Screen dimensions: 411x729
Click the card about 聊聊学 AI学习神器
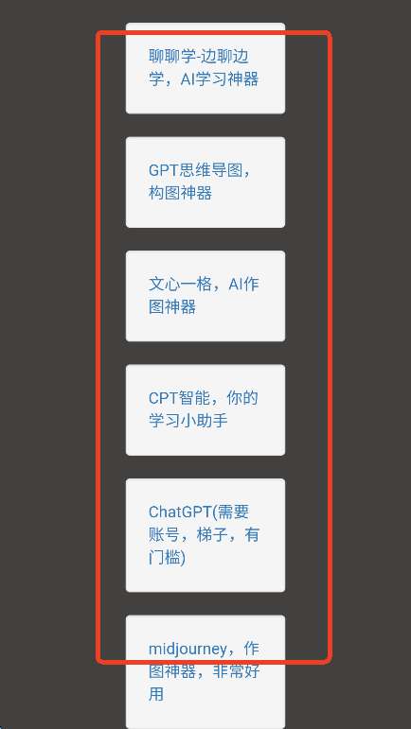[x=205, y=68]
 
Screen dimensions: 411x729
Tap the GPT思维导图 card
[x=205, y=182]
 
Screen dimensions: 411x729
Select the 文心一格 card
[x=205, y=296]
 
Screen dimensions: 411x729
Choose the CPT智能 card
[x=205, y=409]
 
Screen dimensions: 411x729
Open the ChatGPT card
[x=205, y=535]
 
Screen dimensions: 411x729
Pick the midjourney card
[x=205, y=672]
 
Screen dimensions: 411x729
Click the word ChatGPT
[x=180, y=512]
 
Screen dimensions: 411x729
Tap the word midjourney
[x=188, y=650]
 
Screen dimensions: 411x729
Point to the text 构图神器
[x=180, y=193]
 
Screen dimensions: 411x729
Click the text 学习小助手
[x=188, y=421]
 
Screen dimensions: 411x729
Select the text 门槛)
[x=167, y=558]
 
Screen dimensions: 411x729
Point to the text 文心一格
[x=180, y=284]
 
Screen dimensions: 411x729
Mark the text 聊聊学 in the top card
[x=172, y=56]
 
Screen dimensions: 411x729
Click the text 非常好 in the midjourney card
[x=236, y=672]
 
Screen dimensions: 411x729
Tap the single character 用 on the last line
[x=156, y=695]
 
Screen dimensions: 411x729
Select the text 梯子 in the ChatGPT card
[x=212, y=534]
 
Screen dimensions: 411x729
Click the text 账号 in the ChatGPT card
[x=165, y=534]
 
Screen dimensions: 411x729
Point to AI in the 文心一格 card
[x=235, y=284]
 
